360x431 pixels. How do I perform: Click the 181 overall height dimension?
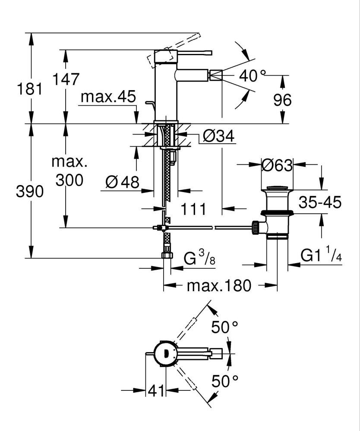click(30, 89)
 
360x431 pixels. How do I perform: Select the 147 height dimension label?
click(65, 79)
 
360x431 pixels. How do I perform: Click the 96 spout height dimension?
click(283, 100)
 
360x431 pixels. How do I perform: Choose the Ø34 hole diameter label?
click(218, 136)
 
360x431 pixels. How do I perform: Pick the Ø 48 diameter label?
click(123, 182)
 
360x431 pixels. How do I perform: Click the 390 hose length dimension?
click(30, 192)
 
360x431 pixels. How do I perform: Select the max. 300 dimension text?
click(69, 171)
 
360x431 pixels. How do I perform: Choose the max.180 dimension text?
click(219, 285)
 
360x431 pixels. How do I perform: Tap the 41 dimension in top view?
click(156, 391)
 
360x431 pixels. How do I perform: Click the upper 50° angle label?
click(224, 328)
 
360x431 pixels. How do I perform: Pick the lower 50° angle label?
click(224, 381)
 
